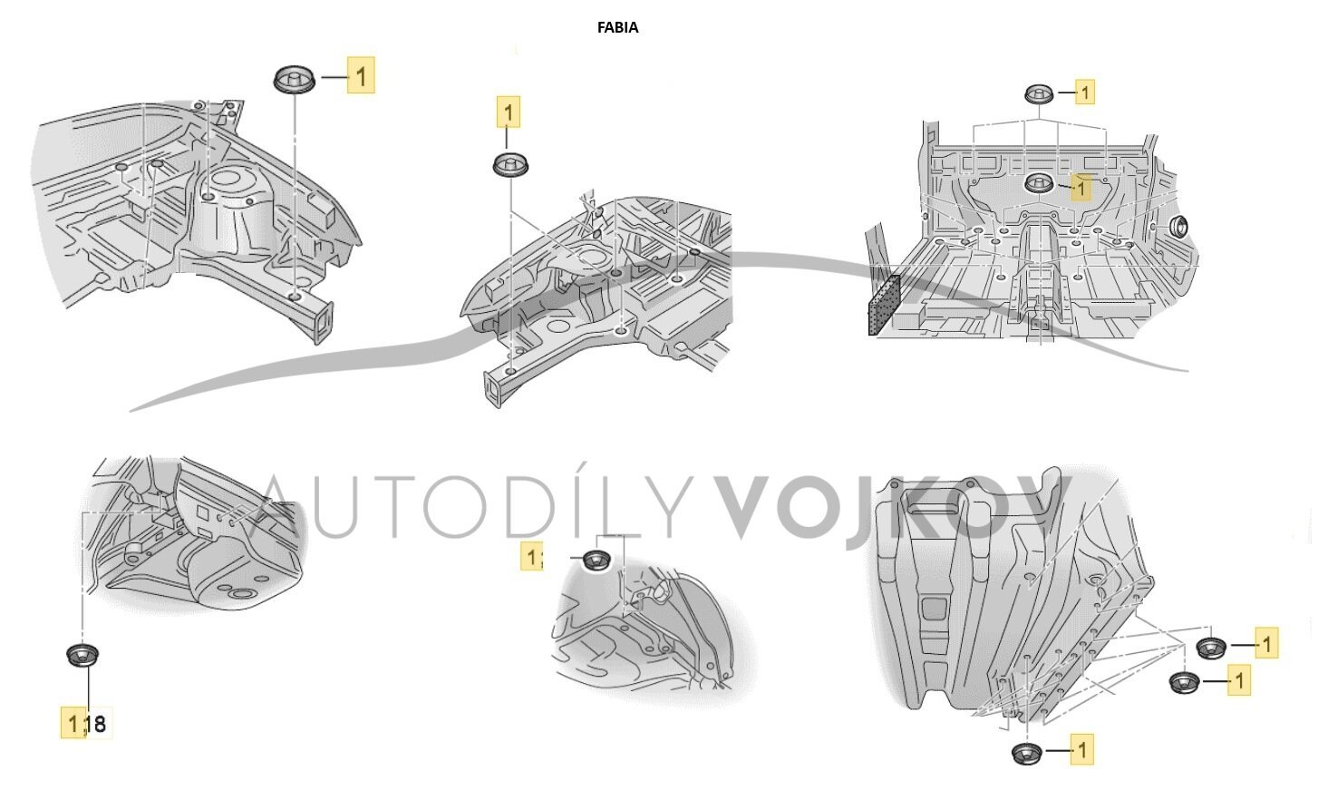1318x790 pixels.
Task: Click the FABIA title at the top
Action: pos(617,27)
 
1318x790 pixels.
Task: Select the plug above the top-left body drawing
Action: pos(294,79)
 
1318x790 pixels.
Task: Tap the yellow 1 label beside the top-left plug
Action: pos(361,75)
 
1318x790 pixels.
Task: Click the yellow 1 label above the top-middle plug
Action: pos(508,112)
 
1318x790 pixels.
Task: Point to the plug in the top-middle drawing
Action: pos(511,167)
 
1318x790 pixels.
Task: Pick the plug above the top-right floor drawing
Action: pos(1039,93)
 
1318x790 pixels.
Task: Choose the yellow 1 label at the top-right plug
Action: pos(1085,92)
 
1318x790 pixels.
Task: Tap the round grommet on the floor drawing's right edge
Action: pos(1181,227)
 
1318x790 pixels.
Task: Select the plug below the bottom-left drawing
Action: pos(83,654)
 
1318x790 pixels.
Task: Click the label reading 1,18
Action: pos(87,723)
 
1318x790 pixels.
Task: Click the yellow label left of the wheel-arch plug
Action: pos(532,556)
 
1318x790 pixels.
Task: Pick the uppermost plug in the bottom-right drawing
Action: pos(1210,648)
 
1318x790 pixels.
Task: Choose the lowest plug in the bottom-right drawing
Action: pos(1025,753)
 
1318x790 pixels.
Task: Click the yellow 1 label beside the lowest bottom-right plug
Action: pos(1081,750)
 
